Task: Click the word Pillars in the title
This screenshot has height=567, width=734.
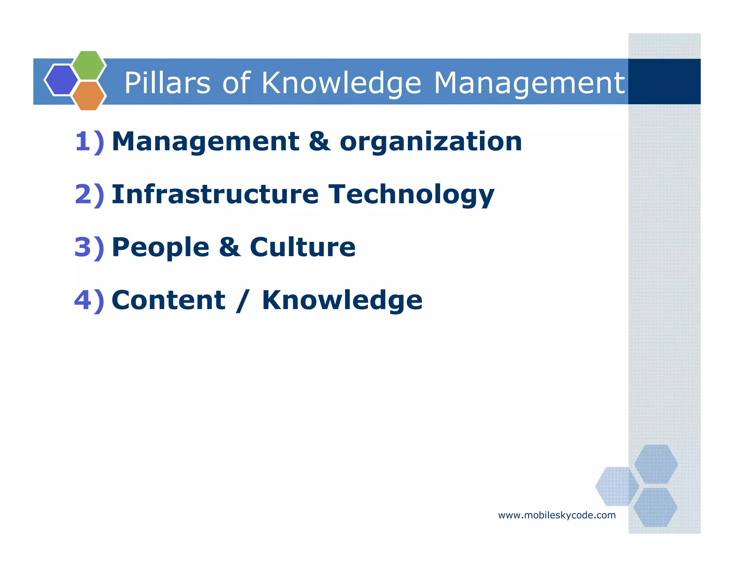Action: coord(167,83)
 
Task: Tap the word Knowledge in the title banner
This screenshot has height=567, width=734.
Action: coord(341,83)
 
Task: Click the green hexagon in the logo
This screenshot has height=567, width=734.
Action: coord(89,65)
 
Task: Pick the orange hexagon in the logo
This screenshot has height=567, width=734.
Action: coord(89,96)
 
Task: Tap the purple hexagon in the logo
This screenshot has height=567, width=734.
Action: coord(61,80)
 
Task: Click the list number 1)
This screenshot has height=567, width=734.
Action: coord(89,142)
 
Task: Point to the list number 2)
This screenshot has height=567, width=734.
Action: coord(89,194)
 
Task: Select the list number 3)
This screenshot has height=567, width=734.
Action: coord(89,247)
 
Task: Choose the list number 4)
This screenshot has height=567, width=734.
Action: coord(89,300)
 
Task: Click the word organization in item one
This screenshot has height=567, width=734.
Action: coord(430,142)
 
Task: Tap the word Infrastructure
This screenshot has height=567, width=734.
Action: coord(215,194)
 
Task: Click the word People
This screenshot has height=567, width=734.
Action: coord(161,247)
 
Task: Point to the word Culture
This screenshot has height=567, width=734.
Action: coord(302,247)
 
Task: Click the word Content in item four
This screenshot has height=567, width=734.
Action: coord(168,300)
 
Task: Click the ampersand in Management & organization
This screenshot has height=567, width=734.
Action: coord(319,142)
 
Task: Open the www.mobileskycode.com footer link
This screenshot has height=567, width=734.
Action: coord(557,515)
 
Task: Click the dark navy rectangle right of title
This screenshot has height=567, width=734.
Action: coord(664,81)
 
